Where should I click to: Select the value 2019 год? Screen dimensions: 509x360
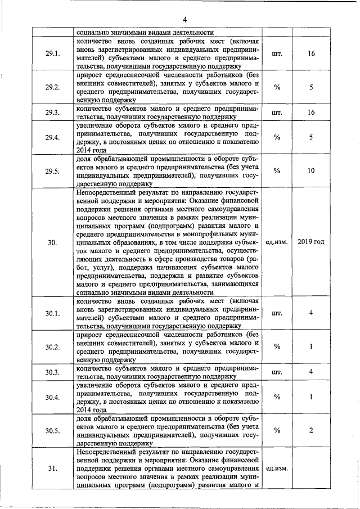point(311,242)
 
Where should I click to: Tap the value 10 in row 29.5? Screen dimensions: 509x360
point(311,171)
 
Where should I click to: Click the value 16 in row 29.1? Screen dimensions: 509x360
point(311,54)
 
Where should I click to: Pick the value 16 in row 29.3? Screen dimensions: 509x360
point(311,112)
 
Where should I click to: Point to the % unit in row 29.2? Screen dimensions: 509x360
point(277,88)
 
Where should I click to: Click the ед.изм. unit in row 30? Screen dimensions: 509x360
point(277,242)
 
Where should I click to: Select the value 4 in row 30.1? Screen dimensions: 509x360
point(311,313)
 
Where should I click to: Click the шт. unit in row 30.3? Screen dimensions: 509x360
point(277,372)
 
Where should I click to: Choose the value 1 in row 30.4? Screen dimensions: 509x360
point(311,397)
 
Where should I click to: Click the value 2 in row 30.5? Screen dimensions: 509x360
point(311,431)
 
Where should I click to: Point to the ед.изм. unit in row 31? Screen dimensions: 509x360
point(277,467)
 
